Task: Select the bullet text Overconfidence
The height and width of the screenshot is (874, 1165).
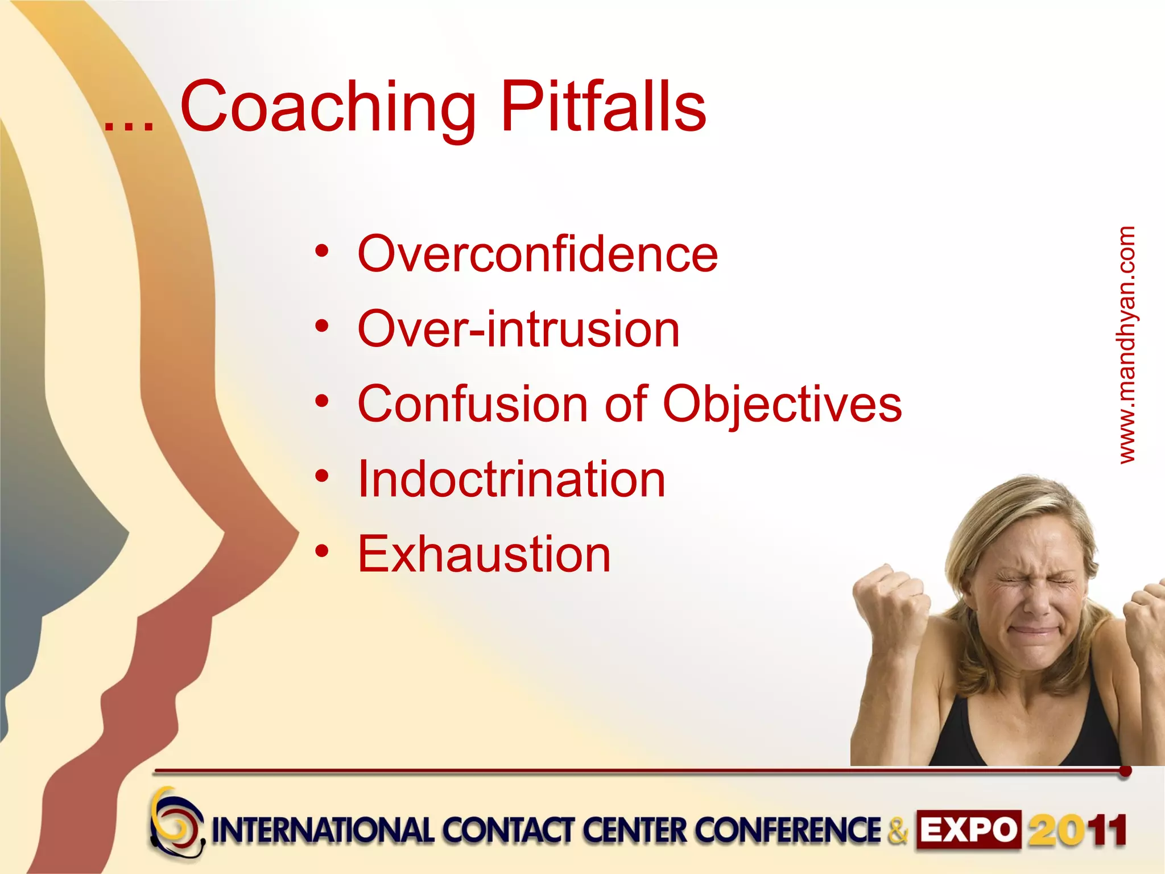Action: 538,254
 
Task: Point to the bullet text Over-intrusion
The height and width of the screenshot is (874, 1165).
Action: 518,329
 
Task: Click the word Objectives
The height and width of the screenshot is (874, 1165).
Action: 782,405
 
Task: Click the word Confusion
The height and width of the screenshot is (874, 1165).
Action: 472,404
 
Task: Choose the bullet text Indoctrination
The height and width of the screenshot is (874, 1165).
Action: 511,480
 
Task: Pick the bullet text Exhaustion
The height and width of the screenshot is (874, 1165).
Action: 484,554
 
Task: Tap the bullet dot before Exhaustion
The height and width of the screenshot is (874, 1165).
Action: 322,551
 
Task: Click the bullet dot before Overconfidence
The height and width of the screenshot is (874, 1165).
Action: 322,251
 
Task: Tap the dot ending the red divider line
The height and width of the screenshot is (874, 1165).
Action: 1125,772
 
